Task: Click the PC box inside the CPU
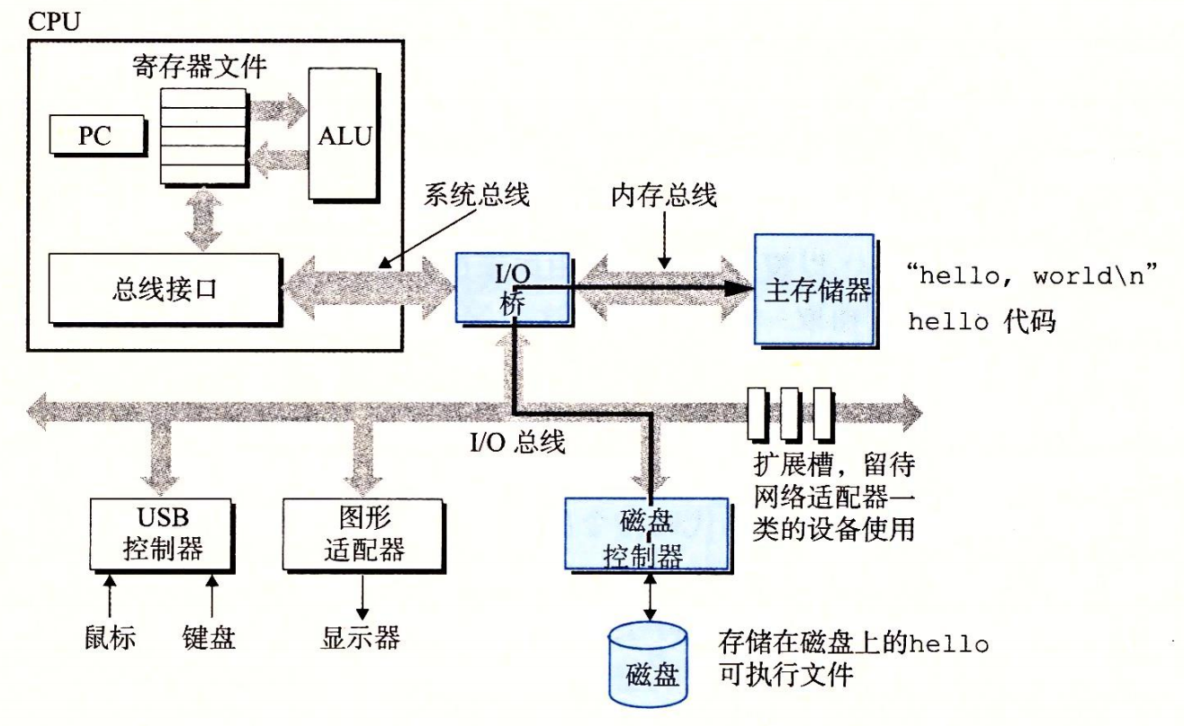tap(96, 136)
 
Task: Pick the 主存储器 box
tap(814, 290)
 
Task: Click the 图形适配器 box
tap(363, 533)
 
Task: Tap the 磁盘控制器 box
tap(646, 534)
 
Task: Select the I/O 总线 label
tap(519, 442)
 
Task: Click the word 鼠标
tap(111, 638)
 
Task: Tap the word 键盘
tap(211, 638)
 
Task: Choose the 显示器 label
tap(360, 638)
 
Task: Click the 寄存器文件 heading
tap(200, 67)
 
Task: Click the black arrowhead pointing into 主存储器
tap(740, 288)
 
